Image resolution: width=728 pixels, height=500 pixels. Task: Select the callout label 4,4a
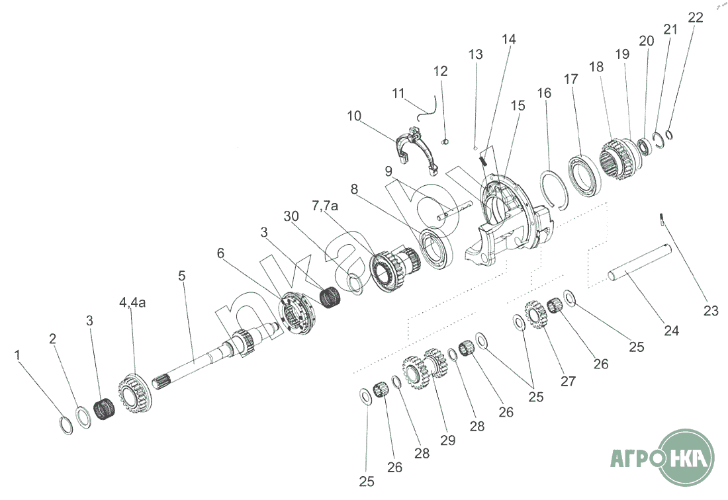pyautogui.click(x=132, y=302)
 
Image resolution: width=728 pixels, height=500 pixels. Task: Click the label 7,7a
pyautogui.click(x=326, y=207)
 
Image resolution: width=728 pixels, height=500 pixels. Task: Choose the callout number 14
pyautogui.click(x=508, y=39)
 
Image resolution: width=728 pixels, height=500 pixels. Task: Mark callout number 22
pyautogui.click(x=695, y=18)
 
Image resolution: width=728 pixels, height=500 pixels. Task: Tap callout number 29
pyautogui.click(x=447, y=440)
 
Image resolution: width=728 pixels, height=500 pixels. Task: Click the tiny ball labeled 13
pyautogui.click(x=476, y=147)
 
